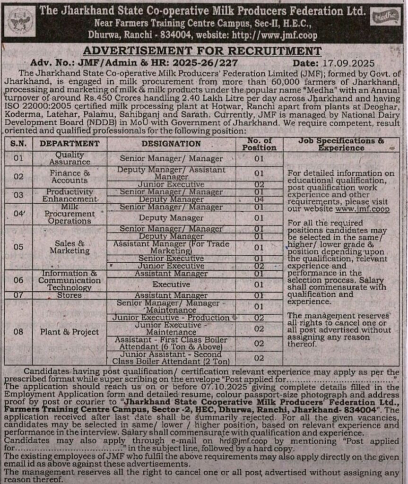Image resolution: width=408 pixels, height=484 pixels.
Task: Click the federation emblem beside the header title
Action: click(x=21, y=20)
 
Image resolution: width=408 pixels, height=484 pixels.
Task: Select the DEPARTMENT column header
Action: click(x=69, y=144)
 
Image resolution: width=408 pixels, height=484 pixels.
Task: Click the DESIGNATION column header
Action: click(x=171, y=144)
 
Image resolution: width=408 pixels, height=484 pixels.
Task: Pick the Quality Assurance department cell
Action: click(x=69, y=158)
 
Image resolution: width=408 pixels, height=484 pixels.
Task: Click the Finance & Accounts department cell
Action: click(x=69, y=177)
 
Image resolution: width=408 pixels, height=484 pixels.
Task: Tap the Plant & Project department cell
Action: click(x=69, y=332)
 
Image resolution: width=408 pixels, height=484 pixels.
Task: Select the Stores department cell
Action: click(x=69, y=295)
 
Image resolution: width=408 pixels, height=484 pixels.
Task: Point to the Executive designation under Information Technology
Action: click(x=171, y=285)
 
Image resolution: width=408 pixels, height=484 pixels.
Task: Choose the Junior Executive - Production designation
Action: click(x=171, y=318)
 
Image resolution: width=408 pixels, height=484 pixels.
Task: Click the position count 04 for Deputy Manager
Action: click(x=259, y=199)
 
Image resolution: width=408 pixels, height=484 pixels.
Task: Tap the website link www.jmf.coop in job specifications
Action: click(x=362, y=208)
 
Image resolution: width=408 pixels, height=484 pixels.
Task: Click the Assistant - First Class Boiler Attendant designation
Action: click(x=171, y=343)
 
